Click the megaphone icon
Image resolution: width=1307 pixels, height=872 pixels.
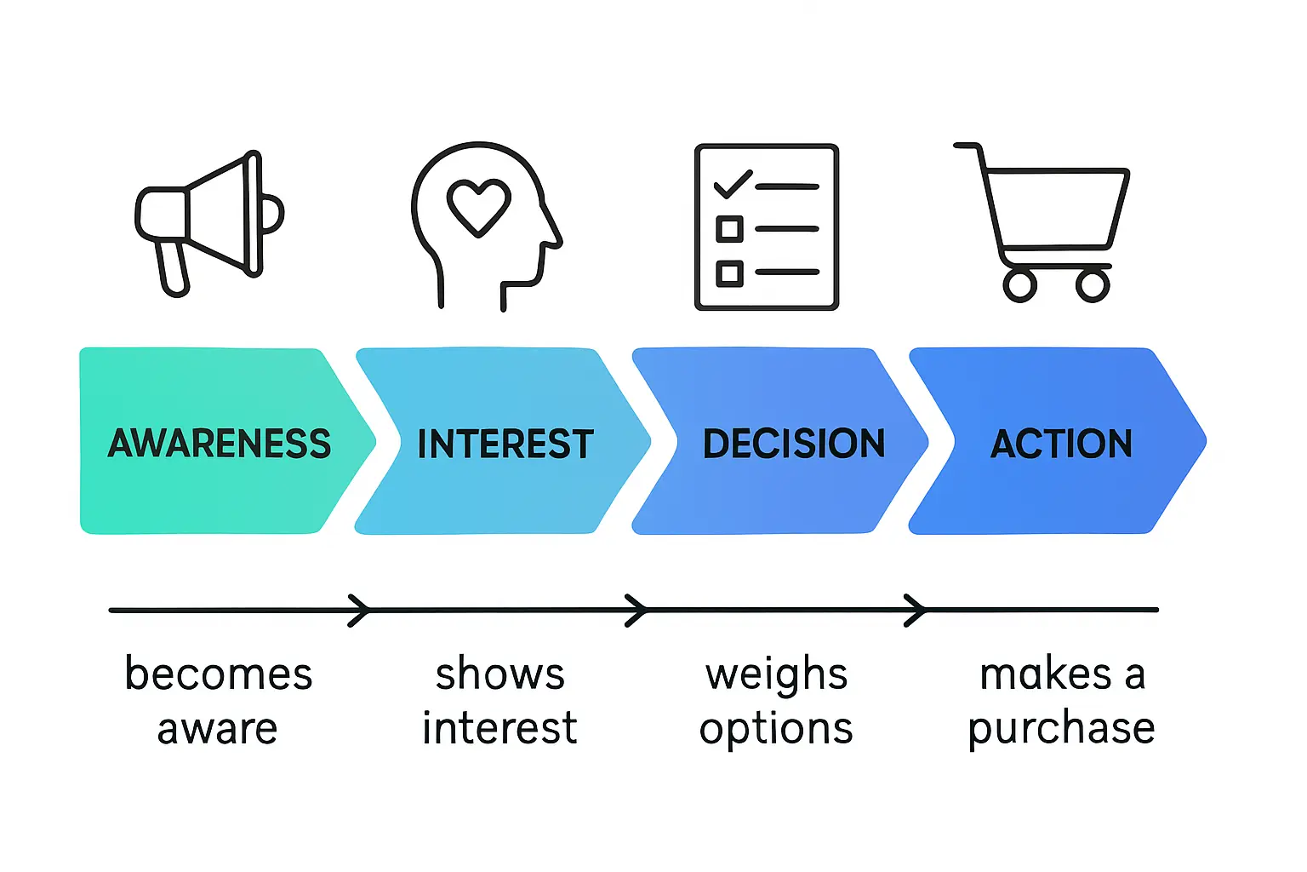click(209, 220)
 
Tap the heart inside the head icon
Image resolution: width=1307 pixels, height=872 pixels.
click(479, 206)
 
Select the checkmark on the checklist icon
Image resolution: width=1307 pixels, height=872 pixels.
click(733, 184)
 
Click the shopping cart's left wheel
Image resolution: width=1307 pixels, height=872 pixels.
click(1019, 285)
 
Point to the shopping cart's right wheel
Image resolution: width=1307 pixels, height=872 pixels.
click(1093, 285)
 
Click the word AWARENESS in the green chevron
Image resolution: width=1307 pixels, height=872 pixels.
click(220, 444)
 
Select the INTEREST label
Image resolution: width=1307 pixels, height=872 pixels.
click(505, 444)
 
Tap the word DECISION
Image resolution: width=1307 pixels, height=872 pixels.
click(794, 444)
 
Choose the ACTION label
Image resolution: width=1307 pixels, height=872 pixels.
click(1061, 444)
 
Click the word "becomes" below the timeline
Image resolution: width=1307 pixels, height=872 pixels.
click(219, 674)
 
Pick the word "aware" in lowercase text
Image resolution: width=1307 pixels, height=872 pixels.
click(218, 729)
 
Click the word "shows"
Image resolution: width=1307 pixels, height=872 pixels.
click(500, 674)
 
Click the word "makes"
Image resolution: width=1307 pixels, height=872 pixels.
click(1046, 674)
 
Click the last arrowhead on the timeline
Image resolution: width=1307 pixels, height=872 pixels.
click(916, 611)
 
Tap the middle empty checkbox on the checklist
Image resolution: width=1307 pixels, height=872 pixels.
click(729, 229)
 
